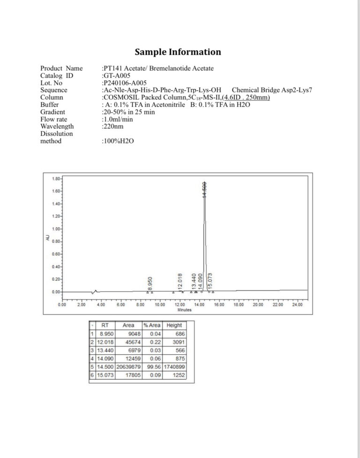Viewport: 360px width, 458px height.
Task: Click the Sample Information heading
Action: [178, 52]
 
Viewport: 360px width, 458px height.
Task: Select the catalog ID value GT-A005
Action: [116, 75]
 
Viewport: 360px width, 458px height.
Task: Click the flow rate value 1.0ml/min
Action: [118, 119]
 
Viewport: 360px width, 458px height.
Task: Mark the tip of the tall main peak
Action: [204, 182]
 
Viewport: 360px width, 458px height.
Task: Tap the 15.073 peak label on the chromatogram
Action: [210, 280]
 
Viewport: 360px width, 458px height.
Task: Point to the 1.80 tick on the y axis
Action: [55, 179]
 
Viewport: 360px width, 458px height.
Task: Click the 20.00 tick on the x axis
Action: [258, 305]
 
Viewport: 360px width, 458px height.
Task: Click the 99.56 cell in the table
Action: [153, 367]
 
